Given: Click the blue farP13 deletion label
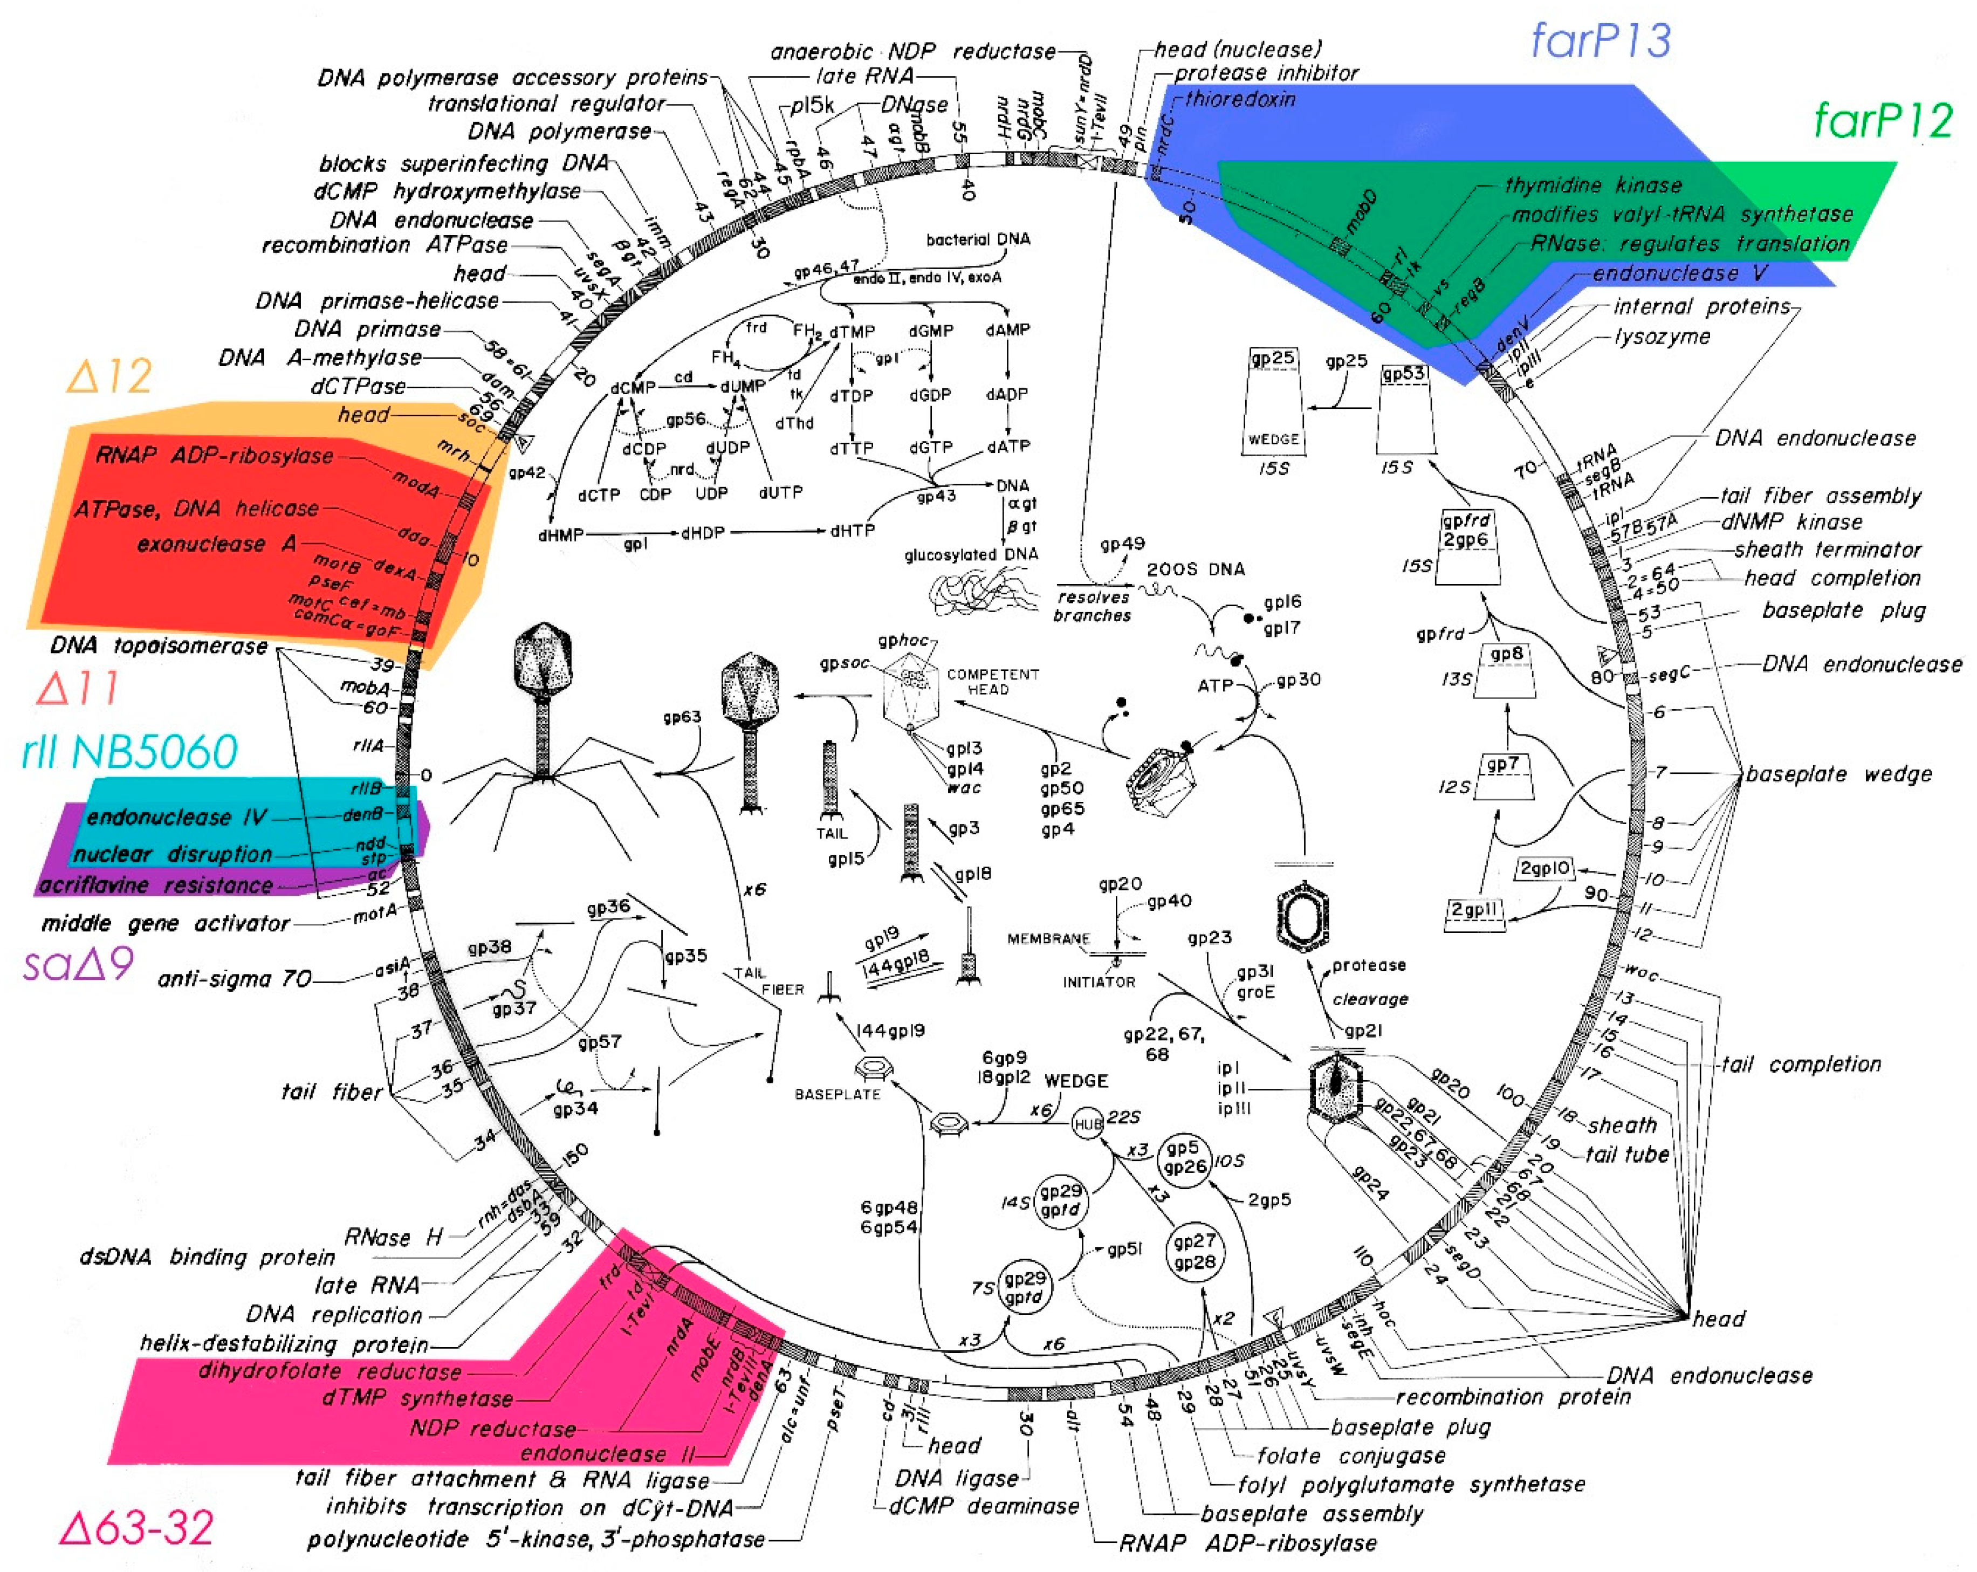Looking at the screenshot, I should (x=1600, y=42).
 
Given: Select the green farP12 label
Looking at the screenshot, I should (x=1883, y=121).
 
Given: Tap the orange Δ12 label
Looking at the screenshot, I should (x=109, y=376).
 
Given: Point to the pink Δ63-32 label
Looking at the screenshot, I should (x=136, y=1527).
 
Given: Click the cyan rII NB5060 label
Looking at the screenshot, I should (x=130, y=752).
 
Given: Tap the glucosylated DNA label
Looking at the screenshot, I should (x=970, y=555).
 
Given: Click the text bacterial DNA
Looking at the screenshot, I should (x=978, y=239).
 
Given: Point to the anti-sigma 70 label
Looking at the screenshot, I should (x=235, y=979).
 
